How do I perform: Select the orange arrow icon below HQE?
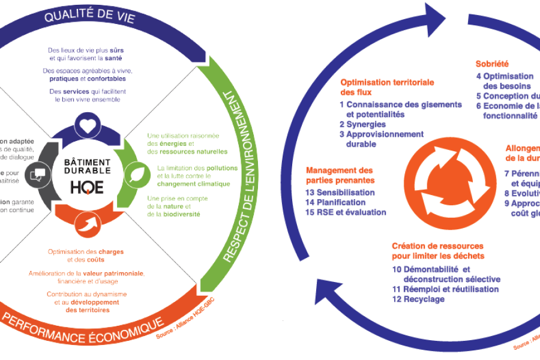pyautogui.click(x=87, y=227)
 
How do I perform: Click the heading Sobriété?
pyautogui.click(x=492, y=63)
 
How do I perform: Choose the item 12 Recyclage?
pyautogui.click(x=419, y=299)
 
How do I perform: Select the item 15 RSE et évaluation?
pyautogui.click(x=346, y=212)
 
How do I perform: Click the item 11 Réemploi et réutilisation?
pyautogui.click(x=445, y=289)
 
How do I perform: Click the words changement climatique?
pyautogui.click(x=185, y=184)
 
